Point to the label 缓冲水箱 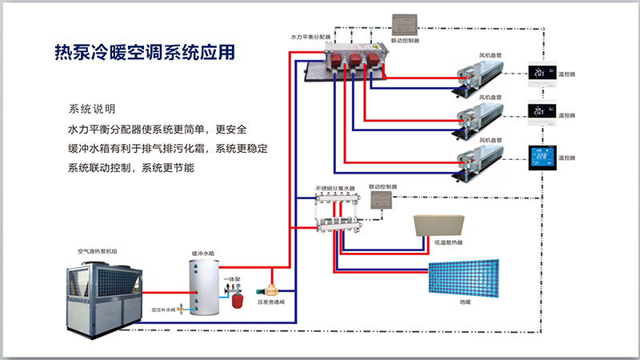(x=203, y=253)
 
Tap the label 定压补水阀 (x=163, y=308)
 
